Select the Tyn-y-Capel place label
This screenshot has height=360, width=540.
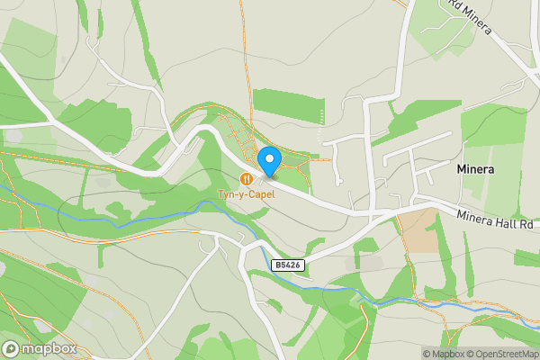coord(246,193)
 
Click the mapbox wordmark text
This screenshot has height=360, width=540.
coord(49,349)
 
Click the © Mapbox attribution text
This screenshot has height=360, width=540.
coord(445,354)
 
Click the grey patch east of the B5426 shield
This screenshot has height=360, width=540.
coord(370,263)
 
